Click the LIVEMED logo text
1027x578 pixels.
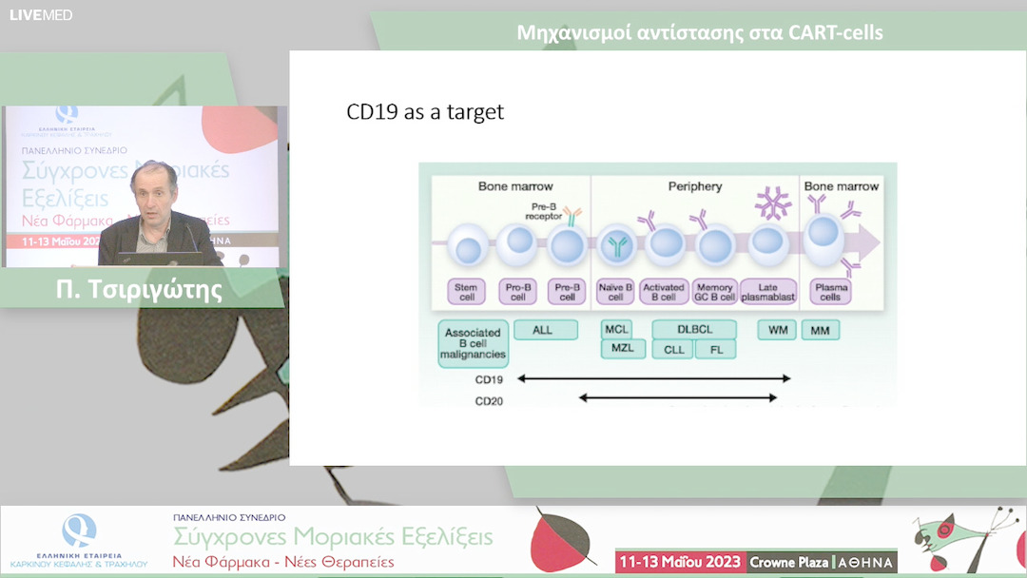(41, 14)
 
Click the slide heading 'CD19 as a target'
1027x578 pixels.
(424, 112)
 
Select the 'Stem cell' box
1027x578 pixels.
(468, 291)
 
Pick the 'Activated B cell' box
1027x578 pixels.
(664, 291)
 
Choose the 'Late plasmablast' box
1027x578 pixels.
(766, 291)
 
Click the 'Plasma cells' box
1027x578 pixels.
(829, 291)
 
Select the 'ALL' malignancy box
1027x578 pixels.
(546, 330)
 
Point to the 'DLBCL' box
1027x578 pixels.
(693, 330)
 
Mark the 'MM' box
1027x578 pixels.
(820, 330)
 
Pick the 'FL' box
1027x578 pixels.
(715, 349)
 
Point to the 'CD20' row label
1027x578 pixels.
(489, 401)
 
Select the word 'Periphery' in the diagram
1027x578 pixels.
(694, 186)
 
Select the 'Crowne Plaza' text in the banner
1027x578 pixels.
(788, 562)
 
